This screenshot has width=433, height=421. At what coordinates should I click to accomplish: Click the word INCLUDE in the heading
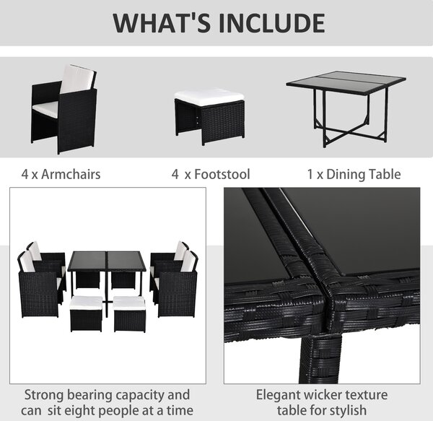coord(272,23)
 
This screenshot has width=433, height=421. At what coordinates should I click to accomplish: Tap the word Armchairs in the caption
coord(71,174)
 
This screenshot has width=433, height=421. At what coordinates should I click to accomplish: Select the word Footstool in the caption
coord(222,174)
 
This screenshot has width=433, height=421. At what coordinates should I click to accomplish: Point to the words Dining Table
coord(364,174)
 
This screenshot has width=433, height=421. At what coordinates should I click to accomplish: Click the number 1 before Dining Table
coord(310,174)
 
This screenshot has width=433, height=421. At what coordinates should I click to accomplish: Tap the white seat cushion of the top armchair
coord(45,108)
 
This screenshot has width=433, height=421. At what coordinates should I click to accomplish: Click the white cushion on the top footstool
coord(209,97)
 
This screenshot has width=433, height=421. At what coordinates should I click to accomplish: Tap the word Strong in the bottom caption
coord(44,395)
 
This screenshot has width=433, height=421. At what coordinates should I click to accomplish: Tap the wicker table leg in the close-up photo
coord(320,359)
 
